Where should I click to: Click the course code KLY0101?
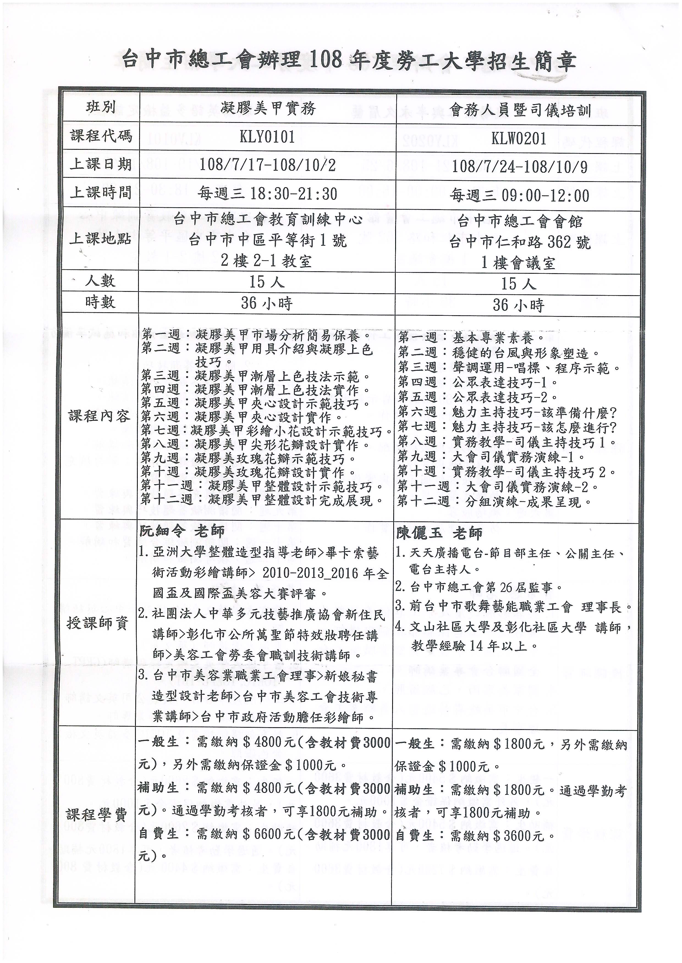click(267, 137)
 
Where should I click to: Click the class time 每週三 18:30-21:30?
click(268, 193)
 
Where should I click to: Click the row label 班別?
click(101, 107)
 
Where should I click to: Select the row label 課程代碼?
click(101, 136)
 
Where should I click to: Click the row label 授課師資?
click(97, 623)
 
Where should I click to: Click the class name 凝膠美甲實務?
click(268, 109)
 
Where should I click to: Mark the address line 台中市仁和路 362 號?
click(520, 242)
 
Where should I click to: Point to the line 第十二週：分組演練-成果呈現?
click(495, 502)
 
